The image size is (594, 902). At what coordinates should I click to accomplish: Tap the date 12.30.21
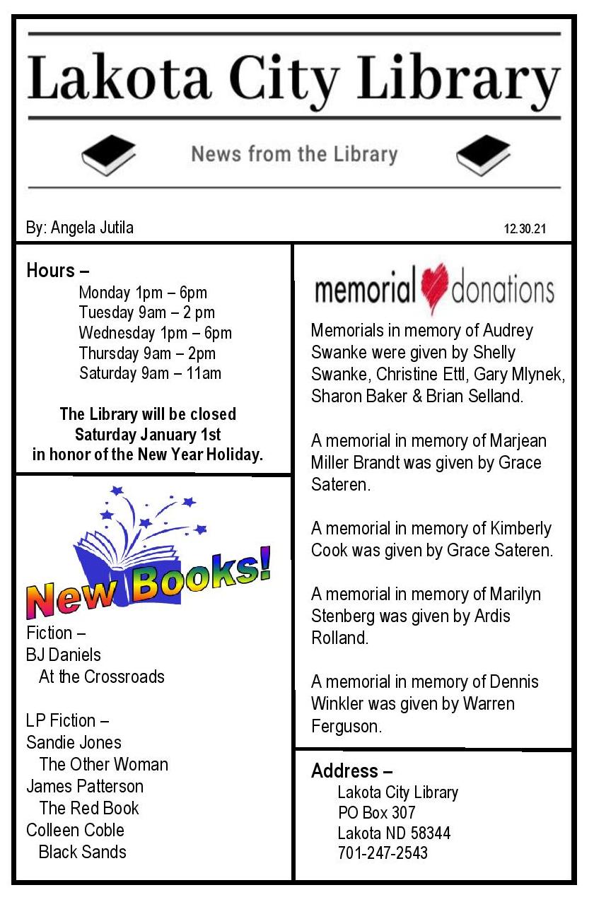click(527, 229)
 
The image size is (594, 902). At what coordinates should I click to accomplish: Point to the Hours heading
click(57, 270)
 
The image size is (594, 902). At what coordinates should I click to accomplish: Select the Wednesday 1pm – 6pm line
click(155, 332)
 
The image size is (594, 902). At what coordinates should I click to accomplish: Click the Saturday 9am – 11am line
click(150, 373)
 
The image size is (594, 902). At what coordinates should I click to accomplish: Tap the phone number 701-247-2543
click(383, 853)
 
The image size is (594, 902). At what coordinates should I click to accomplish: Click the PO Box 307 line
click(376, 812)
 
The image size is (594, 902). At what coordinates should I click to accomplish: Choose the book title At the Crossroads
click(101, 676)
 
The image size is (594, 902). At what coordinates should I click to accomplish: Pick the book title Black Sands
click(82, 852)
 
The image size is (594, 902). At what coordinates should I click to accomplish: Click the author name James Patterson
click(84, 786)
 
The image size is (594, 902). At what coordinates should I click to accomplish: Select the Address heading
click(351, 771)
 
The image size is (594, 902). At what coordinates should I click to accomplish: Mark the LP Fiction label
click(67, 720)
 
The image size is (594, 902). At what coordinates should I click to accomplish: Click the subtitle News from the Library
click(294, 154)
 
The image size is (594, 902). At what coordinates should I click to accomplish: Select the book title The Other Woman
click(103, 764)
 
